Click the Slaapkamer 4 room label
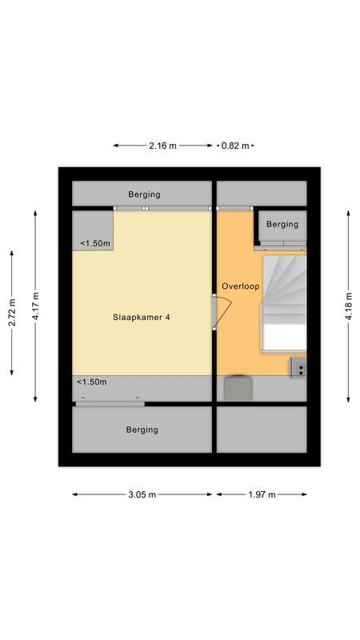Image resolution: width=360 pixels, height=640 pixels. click(x=141, y=317)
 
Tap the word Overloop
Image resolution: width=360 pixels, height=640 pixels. click(x=241, y=286)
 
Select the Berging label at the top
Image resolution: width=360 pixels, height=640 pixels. click(x=144, y=194)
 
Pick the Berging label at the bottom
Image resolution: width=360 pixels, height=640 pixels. click(x=142, y=430)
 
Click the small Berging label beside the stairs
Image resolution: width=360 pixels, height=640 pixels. click(x=282, y=224)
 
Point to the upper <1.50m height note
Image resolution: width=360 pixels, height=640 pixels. click(x=94, y=244)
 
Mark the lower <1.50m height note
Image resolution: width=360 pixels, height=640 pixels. click(x=92, y=382)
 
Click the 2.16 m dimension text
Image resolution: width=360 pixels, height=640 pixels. click(x=163, y=146)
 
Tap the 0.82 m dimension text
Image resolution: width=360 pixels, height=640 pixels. click(x=235, y=146)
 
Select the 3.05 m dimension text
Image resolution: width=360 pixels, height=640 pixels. click(x=143, y=495)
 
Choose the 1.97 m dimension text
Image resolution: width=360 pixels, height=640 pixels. click(x=261, y=495)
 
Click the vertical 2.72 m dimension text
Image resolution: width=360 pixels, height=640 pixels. click(x=12, y=313)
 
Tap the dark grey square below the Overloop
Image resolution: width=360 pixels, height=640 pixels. click(x=237, y=388)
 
